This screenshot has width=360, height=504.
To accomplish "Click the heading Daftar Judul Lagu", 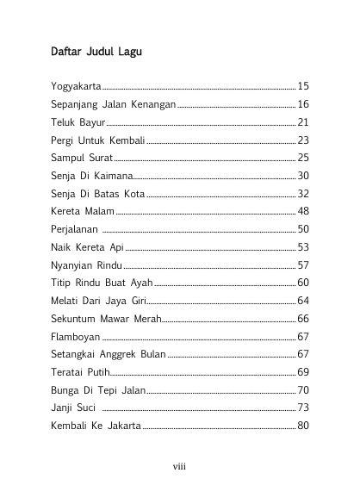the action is click(x=96, y=52).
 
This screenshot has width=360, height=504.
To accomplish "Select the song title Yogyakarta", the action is click(x=76, y=87).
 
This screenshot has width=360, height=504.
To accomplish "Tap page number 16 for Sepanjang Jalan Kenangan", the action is click(x=302, y=104).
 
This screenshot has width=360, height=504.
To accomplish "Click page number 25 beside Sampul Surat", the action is click(x=302, y=159).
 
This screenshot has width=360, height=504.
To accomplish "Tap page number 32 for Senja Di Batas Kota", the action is click(x=302, y=194).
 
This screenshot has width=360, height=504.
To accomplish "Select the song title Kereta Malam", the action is click(x=82, y=211).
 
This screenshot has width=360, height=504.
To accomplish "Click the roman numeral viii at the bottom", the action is click(x=179, y=466).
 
